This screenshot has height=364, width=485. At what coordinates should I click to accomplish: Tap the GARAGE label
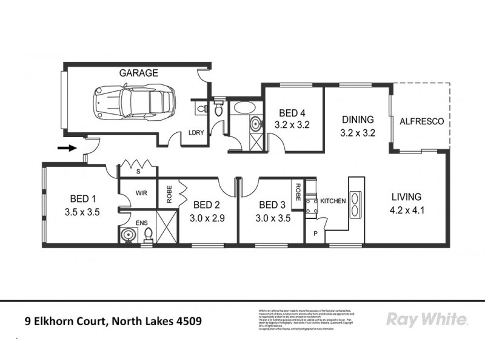point(138,73)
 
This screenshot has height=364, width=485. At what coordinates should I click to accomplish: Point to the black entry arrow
point(67,147)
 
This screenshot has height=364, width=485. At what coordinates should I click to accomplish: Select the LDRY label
point(196,132)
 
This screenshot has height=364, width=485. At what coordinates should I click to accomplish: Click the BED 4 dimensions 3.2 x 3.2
point(293,126)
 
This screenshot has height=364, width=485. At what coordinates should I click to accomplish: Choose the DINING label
point(357,120)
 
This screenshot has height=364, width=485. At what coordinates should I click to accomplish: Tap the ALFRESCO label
point(422,121)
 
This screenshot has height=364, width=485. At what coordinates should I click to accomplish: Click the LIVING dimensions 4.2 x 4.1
point(406,212)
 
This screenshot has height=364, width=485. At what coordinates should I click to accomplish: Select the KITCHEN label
point(333,200)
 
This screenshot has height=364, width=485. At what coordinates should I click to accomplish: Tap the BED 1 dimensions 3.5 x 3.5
point(81,212)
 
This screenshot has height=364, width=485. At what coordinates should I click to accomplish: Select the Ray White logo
point(426,319)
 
